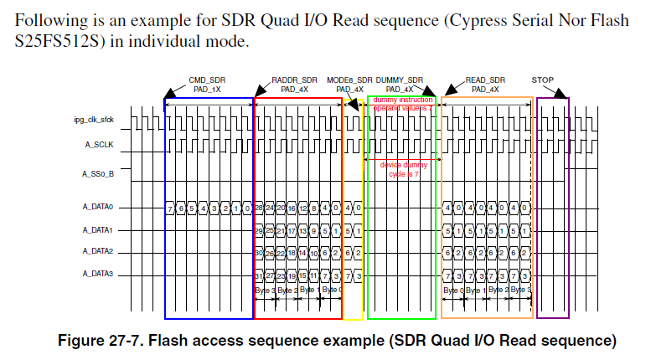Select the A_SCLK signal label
[x=98, y=146]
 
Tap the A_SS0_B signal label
[x=98, y=174]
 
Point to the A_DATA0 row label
[x=97, y=207]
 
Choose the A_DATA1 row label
[x=97, y=229]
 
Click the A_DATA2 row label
[x=97, y=251]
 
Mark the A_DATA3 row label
[x=97, y=273]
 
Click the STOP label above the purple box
[x=543, y=80]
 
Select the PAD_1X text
[x=208, y=89]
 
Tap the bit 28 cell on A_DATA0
[x=260, y=208]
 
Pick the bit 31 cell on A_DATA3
[x=260, y=274]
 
